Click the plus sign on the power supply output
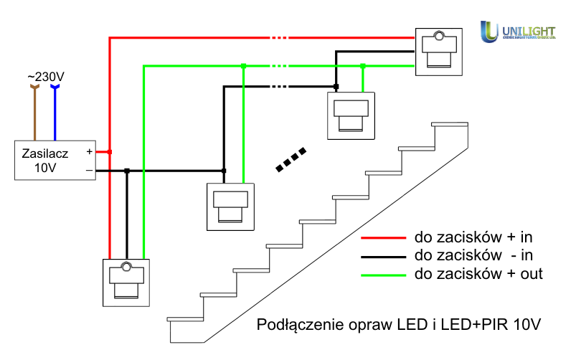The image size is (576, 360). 89,151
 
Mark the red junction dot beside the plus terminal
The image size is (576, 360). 109,151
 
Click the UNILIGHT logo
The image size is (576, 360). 518,31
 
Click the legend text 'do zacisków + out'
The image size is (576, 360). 478,274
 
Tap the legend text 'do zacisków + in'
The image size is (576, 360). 473,237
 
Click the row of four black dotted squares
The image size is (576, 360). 292,160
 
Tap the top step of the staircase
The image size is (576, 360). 450,124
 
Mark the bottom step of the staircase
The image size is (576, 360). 184,318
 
